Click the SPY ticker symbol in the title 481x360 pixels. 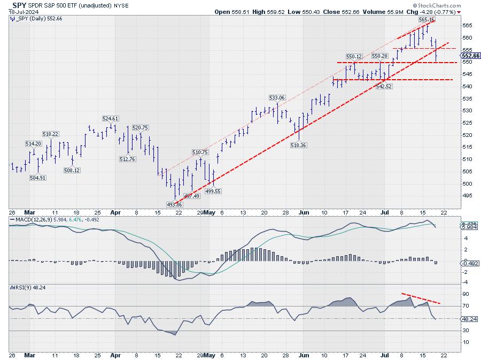[x=18, y=5]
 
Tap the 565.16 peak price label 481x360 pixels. [x=427, y=19]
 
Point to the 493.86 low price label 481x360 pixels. [x=175, y=204]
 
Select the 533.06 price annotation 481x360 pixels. [x=277, y=98]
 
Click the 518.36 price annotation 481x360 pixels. [x=298, y=144]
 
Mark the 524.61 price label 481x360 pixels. [x=111, y=119]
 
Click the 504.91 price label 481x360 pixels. [x=37, y=178]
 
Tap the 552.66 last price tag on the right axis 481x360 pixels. [x=470, y=56]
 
